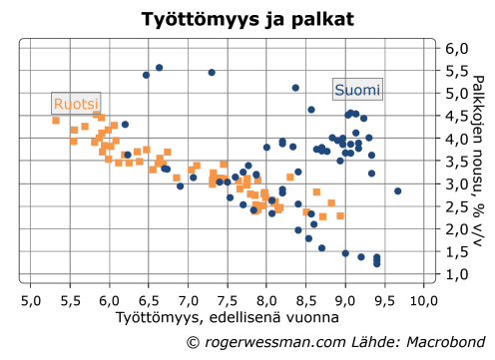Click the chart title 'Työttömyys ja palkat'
pos(247,19)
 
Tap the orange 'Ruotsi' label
pos(77,104)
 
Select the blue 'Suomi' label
pos(356,90)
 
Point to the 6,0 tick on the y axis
pos(456,49)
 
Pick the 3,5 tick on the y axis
pos(456,162)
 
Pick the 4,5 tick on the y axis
pos(456,117)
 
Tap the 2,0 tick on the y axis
pos(456,229)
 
